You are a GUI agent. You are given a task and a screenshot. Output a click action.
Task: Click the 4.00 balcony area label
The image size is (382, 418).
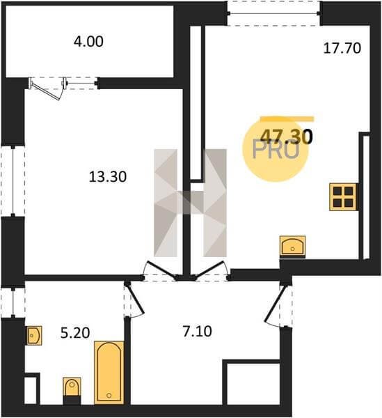click(88, 42)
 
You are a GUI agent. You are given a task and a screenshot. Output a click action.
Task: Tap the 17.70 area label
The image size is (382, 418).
click(342, 49)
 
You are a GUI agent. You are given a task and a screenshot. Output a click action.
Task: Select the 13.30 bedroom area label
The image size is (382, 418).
click(108, 177)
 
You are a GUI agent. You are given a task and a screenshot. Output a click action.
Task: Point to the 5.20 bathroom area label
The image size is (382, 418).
click(75, 333)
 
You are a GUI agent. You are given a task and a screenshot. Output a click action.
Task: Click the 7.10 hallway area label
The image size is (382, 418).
click(197, 332)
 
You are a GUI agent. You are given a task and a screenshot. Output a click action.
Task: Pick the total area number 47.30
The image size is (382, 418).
click(286, 137)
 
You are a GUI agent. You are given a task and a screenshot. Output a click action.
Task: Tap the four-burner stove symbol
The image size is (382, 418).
click(343, 197)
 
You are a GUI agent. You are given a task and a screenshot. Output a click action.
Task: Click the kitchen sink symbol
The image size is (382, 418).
click(292, 247)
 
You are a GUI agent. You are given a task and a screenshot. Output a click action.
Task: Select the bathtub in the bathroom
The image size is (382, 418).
click(109, 373)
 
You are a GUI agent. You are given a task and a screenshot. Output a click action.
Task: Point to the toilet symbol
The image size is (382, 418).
click(72, 391)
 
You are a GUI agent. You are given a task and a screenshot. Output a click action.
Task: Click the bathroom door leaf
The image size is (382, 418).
click(135, 299)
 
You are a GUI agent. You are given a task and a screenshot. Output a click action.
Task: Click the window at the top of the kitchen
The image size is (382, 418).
click(274, 13)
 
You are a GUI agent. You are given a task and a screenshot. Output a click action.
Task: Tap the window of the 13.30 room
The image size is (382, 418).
click(13, 181)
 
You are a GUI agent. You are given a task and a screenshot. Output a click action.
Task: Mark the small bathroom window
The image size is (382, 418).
click(13, 302)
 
